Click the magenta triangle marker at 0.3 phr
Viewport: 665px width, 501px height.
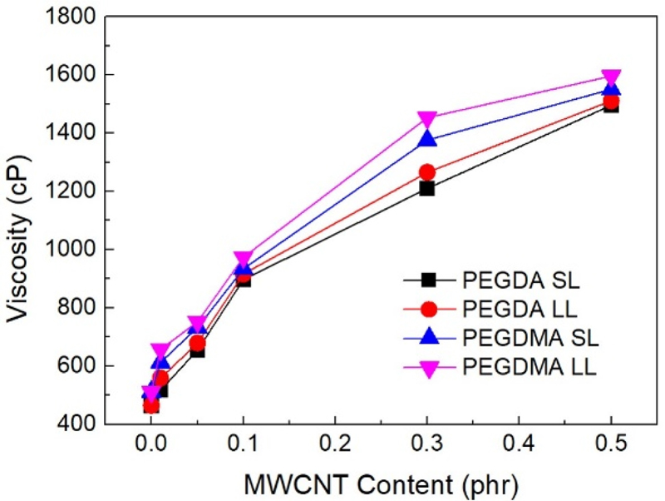click(x=427, y=120)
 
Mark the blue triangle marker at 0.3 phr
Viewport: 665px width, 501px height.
click(x=427, y=139)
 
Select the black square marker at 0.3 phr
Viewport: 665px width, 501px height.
click(x=427, y=188)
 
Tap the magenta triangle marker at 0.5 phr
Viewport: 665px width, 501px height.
click(x=611, y=78)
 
